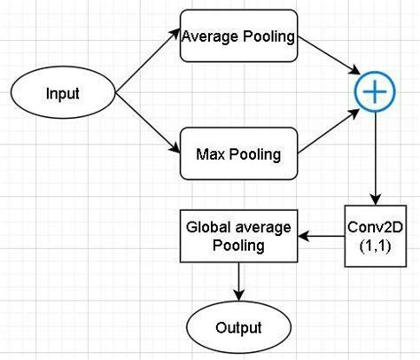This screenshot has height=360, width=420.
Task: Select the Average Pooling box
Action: coord(237,37)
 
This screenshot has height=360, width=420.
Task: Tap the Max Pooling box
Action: coord(237,153)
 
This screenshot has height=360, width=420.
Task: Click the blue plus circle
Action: coord(375,91)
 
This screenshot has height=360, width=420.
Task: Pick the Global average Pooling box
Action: coord(237,236)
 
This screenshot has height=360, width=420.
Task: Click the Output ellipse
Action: coord(237,327)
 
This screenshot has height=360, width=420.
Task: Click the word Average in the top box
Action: coord(210,37)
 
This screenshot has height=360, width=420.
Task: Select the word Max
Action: coord(210,154)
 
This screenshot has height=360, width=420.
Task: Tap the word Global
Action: coord(209,226)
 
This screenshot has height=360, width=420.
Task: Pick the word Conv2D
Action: coord(376,227)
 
